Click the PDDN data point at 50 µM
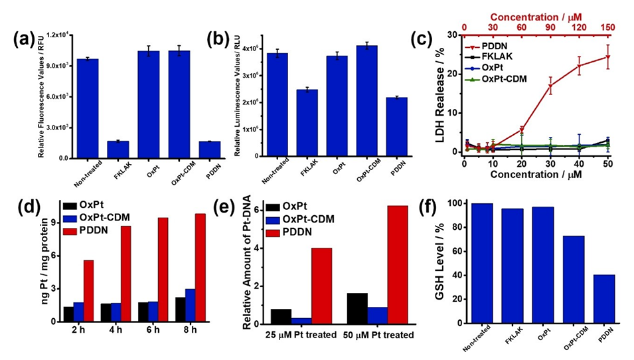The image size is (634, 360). click(607, 56)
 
